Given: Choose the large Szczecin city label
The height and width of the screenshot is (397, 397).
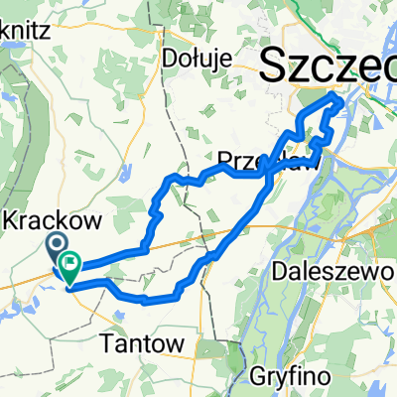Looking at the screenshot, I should [x=328, y=67].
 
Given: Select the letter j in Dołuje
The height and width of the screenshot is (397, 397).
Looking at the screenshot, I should [x=214, y=60].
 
